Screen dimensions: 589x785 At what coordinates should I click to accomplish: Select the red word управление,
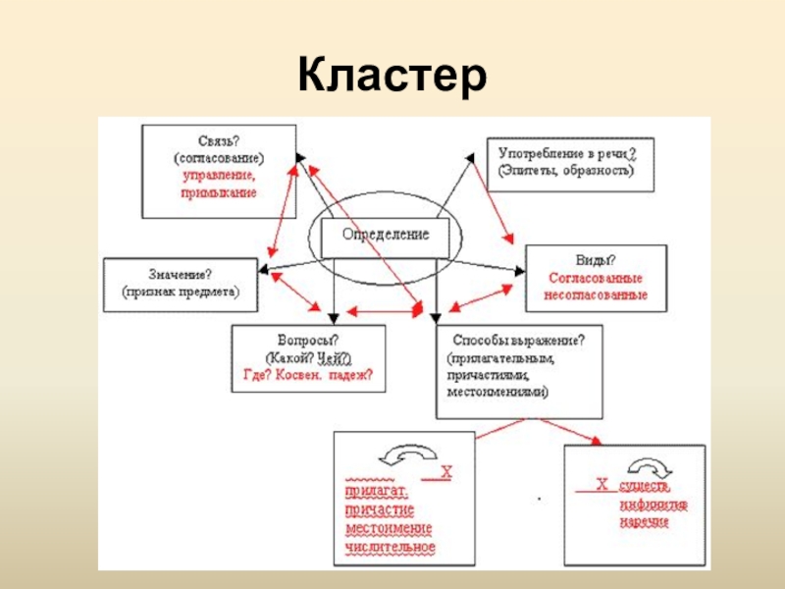pos(218,176)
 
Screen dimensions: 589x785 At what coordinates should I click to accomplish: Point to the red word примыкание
pos(218,193)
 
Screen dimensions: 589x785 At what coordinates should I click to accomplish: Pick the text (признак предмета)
pos(182,292)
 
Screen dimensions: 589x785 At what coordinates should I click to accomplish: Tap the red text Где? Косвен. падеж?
pos(309,375)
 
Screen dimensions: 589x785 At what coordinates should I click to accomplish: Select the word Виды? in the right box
pos(596,260)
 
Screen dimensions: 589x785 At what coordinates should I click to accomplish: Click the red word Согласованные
pos(596,278)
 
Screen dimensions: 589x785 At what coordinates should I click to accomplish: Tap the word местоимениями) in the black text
pos(497,392)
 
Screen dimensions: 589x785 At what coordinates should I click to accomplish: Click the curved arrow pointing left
pos(410,456)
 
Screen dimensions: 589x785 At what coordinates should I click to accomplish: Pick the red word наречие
pos(644,522)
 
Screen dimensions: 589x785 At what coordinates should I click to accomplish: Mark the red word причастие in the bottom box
pos(380,510)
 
